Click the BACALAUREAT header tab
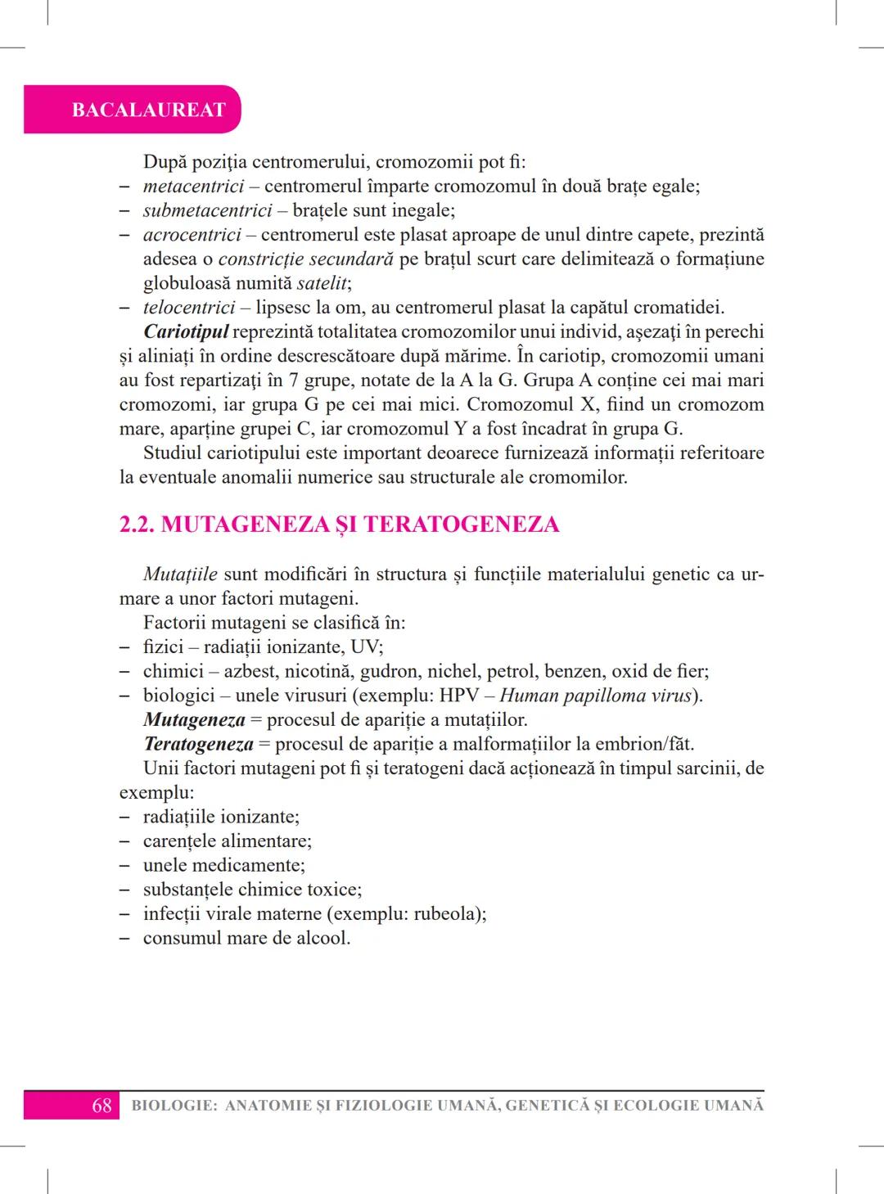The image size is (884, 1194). pyautogui.click(x=147, y=110)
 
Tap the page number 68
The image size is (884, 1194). pyautogui.click(x=101, y=1106)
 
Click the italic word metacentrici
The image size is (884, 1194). pyautogui.click(x=193, y=187)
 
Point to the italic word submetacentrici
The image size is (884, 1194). pyautogui.click(x=207, y=210)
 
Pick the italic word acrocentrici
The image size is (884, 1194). pyautogui.click(x=192, y=235)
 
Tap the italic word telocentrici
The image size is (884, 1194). pyautogui.click(x=189, y=308)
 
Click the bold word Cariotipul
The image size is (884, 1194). pyautogui.click(x=186, y=332)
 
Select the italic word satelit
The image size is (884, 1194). pyautogui.click(x=322, y=284)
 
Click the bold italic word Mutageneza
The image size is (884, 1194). pyautogui.click(x=194, y=720)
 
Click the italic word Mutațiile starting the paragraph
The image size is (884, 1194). pyautogui.click(x=180, y=574)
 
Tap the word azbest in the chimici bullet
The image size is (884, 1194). pyautogui.click(x=249, y=672)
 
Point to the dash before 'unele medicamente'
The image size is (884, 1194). pyautogui.click(x=124, y=866)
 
